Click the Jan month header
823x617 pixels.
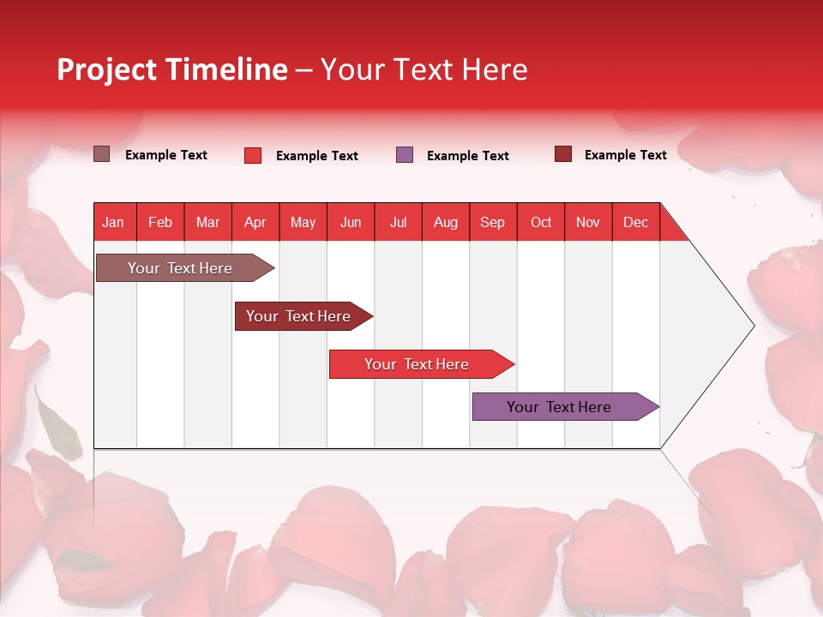pos(113,222)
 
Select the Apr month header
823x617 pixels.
pos(255,222)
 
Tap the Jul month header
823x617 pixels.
pos(398,222)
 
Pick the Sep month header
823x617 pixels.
pos(492,222)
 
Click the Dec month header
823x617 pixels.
pos(635,222)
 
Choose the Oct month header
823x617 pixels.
pos(540,222)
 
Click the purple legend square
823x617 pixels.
pos(405,155)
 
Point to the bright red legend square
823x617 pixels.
pos(253,155)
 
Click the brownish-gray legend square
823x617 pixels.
pos(101,154)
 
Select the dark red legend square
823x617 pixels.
pos(563,154)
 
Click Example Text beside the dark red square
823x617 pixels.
pos(625,155)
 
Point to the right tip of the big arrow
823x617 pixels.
pos(752,326)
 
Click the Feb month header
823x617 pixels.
pos(160,222)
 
